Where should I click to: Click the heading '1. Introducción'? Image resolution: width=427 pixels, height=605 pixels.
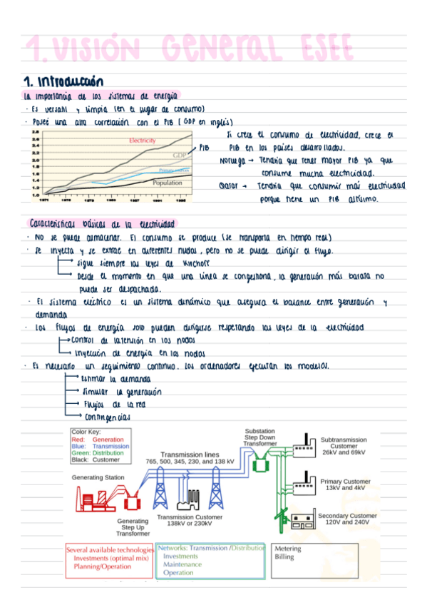pyautogui.click(x=64, y=81)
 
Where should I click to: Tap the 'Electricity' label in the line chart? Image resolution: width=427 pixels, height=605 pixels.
pyautogui.click(x=142, y=141)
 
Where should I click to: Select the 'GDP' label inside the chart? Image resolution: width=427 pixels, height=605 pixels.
pyautogui.click(x=179, y=156)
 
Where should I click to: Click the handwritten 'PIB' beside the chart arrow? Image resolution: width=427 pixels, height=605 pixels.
pyautogui.click(x=204, y=148)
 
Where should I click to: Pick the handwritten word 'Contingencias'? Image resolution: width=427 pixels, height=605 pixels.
pyautogui.click(x=107, y=416)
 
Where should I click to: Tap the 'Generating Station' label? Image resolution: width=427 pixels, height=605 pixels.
pyautogui.click(x=98, y=477)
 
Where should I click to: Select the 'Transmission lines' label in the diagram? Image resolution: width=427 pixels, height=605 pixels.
pyautogui.click(x=190, y=454)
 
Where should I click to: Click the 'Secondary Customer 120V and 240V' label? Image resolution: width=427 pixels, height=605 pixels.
pyautogui.click(x=347, y=519)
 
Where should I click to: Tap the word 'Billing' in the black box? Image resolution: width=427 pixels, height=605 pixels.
pyautogui.click(x=284, y=557)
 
